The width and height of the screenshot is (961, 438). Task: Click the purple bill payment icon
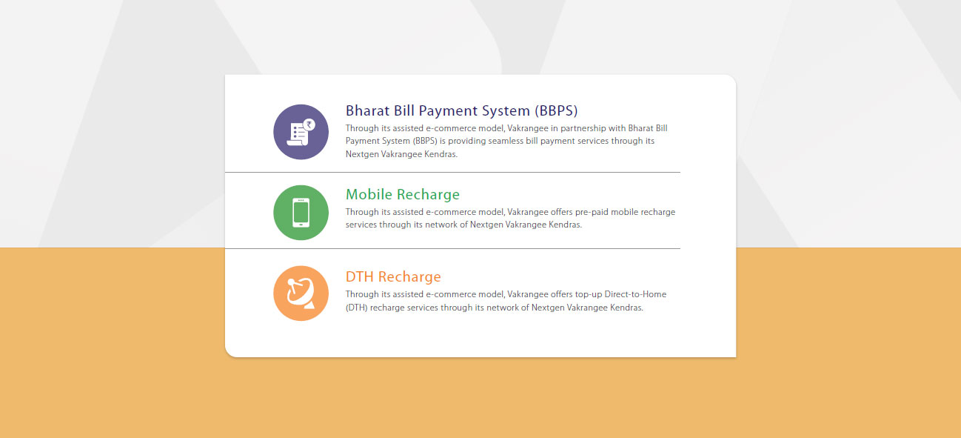301,132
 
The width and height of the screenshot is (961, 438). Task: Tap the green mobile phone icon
301,213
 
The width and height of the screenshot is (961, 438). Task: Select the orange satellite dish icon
301,293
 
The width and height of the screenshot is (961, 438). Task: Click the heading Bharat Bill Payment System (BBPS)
462,110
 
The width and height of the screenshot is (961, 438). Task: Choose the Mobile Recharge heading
403,194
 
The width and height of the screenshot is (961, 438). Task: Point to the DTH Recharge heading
393,277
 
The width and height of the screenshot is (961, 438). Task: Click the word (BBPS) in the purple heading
556,111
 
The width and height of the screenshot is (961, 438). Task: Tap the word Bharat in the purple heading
368,110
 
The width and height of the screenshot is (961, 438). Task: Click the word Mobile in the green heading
369,194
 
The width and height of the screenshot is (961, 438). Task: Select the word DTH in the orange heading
360,277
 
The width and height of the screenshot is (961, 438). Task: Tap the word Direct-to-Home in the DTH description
635,294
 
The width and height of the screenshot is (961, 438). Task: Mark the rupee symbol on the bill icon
309,125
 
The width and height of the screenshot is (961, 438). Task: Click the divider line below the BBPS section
452,172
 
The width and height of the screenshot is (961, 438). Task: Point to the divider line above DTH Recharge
452,248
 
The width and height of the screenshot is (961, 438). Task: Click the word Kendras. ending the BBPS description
441,154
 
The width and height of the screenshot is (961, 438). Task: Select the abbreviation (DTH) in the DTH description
357,308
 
